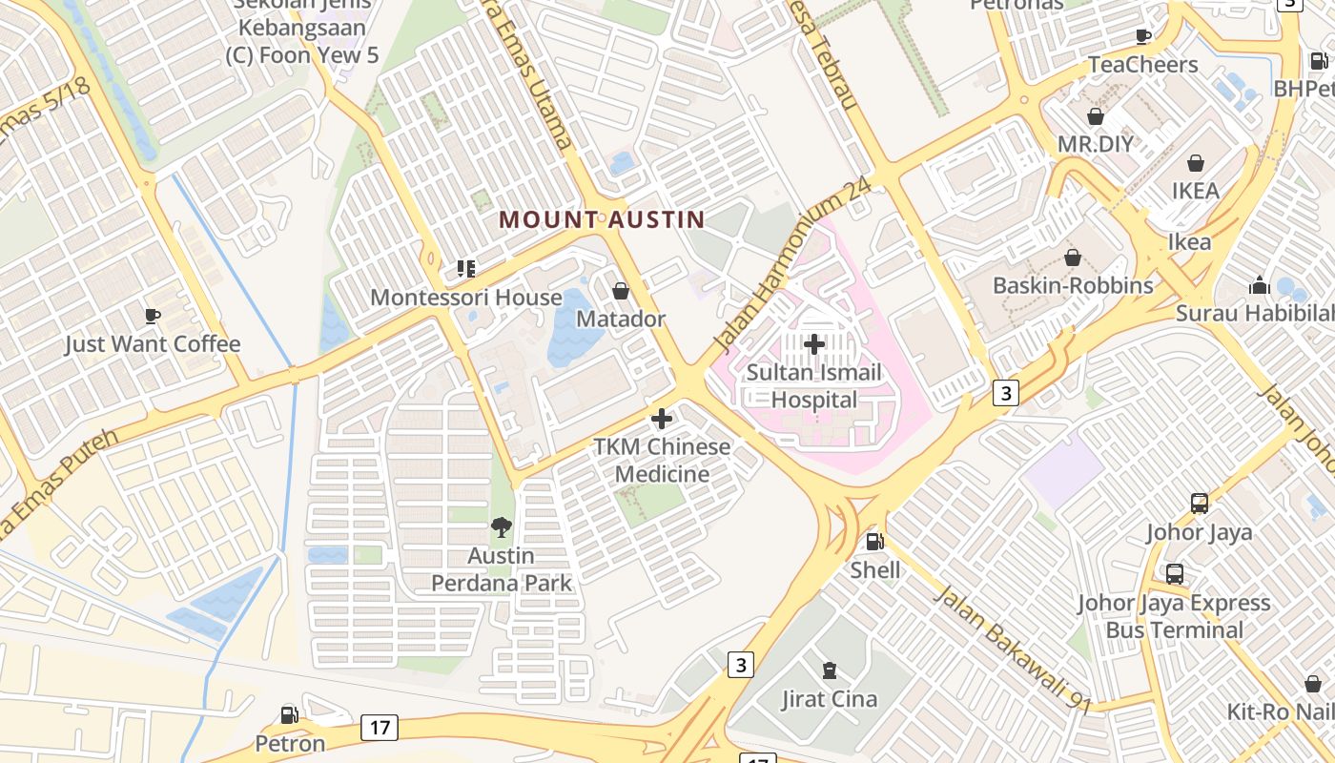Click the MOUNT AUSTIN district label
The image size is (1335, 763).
tap(602, 219)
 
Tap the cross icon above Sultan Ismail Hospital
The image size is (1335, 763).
tap(814, 343)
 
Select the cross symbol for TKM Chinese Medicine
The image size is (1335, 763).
tap(662, 419)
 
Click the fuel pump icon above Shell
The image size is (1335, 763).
tap(874, 542)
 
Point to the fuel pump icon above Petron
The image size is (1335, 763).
tap(290, 714)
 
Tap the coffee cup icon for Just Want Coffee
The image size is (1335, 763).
tap(152, 316)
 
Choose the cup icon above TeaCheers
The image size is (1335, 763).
tap(1143, 36)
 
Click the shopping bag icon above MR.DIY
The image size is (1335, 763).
tap(1096, 116)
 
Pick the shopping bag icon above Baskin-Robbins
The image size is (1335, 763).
tap(1073, 258)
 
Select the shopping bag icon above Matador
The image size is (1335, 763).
tap(621, 290)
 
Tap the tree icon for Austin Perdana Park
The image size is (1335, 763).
tap(502, 526)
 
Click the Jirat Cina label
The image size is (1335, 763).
tap(829, 699)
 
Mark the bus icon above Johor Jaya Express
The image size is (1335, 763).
tap(1175, 574)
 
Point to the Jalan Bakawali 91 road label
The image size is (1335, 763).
tap(1012, 649)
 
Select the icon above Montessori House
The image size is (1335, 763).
tap(466, 269)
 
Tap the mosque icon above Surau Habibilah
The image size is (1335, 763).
tap(1259, 285)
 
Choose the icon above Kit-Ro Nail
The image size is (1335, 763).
tap(1313, 684)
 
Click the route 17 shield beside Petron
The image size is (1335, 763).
tap(379, 728)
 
